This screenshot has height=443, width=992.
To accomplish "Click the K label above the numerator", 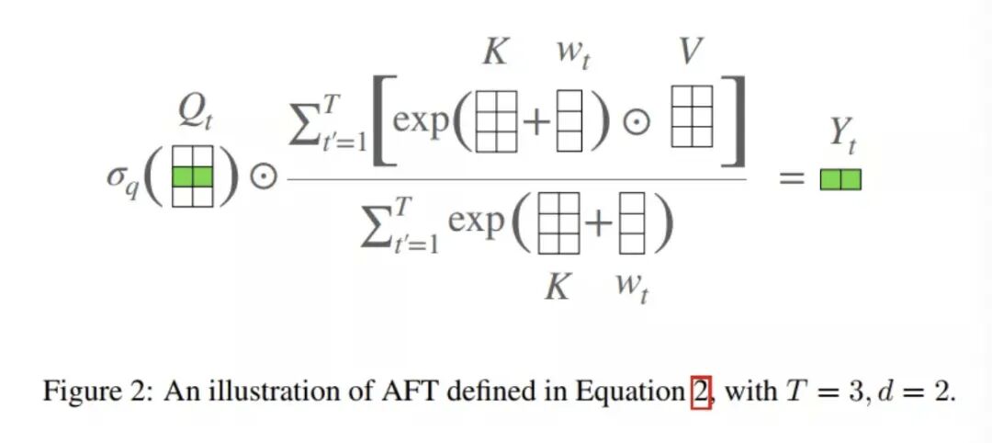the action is point(495,52).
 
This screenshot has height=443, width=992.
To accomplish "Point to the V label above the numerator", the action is point(692,52).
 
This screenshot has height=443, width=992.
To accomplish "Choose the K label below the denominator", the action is point(557,287).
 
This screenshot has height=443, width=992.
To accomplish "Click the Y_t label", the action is point(842,135).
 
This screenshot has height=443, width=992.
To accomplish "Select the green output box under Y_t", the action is point(840,179).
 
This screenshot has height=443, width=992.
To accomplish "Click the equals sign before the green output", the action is point(792,180).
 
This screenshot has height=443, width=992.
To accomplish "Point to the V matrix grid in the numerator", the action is point(692,117).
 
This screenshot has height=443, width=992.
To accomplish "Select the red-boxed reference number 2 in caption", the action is point(702,392).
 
